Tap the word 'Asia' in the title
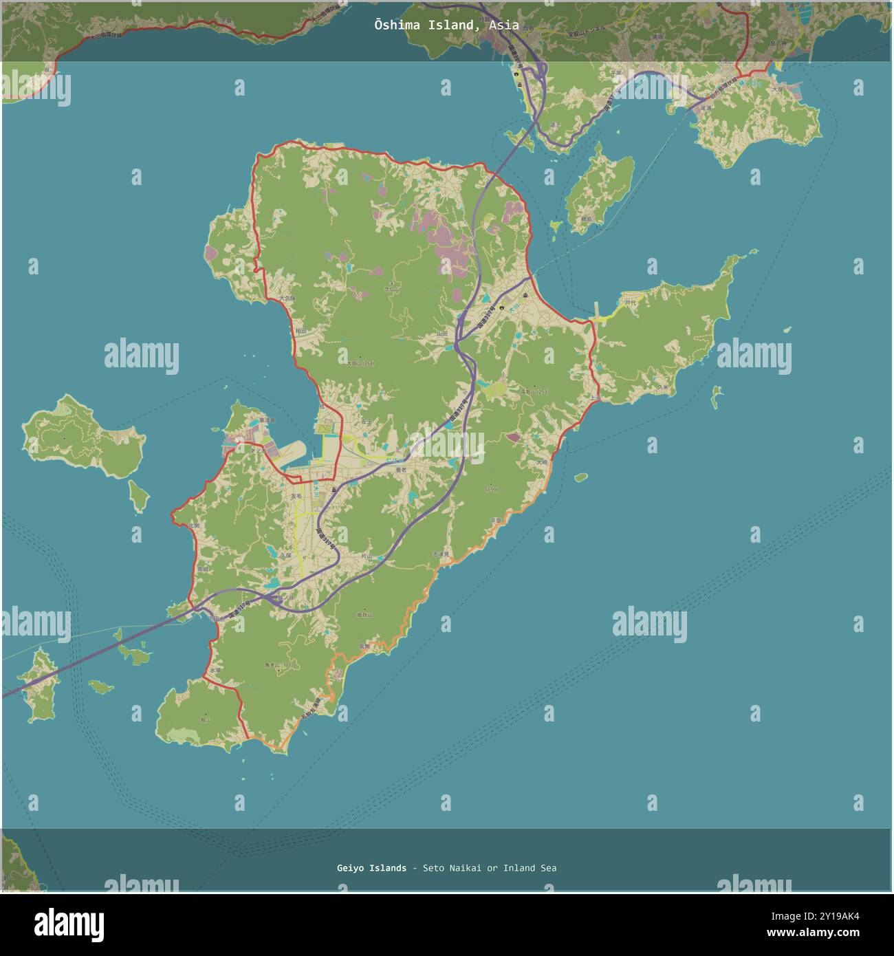pos(504,25)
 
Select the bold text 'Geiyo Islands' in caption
pos(371,868)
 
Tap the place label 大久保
pos(287,298)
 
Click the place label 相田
pos(301,331)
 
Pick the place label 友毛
pos(296,496)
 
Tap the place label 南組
pos(202,569)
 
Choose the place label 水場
pos(216,669)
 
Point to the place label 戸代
pos(629,302)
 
